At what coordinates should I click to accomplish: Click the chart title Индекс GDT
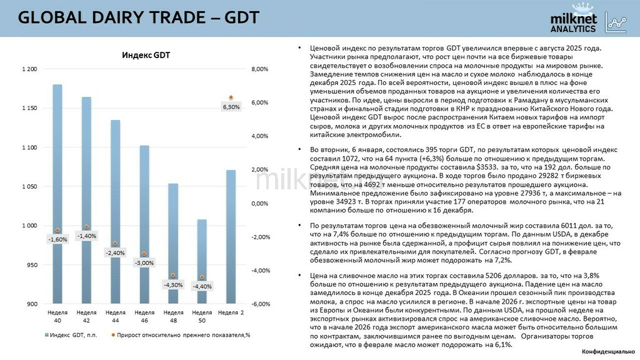[146, 56]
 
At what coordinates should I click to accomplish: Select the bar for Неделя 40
[57, 187]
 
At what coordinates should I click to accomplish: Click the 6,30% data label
[231, 107]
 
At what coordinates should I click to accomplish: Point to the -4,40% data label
[202, 286]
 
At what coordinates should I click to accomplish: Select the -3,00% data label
[144, 263]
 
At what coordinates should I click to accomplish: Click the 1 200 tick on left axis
[29, 69]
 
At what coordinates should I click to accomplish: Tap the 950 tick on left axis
[32, 265]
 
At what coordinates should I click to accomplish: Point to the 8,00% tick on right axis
[259, 69]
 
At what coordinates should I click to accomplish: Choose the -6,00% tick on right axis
[259, 304]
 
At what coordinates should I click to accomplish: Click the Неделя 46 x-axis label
[144, 316]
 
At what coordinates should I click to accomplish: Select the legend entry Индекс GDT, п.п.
[69, 336]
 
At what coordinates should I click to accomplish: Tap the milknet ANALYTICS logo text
[573, 24]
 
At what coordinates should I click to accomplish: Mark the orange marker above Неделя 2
[231, 97]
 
